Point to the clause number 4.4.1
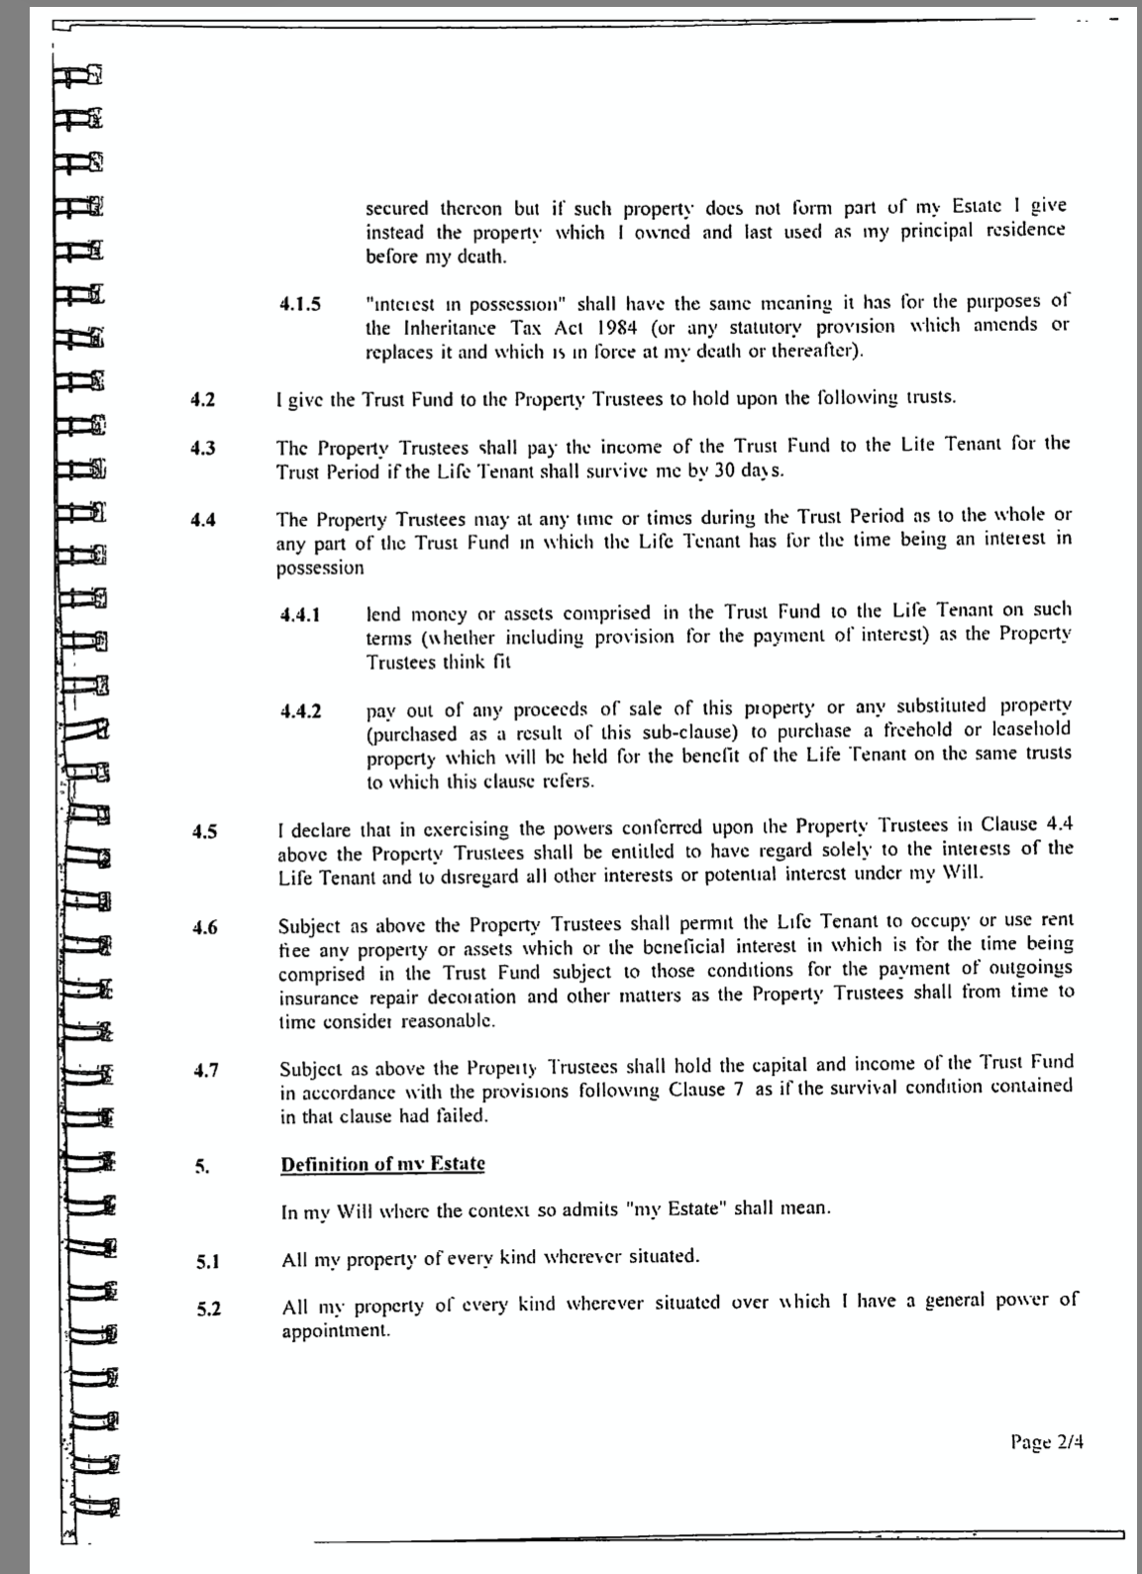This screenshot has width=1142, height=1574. pos(300,615)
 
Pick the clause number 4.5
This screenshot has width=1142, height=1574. pos(204,831)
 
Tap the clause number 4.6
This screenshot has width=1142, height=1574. pos(205,928)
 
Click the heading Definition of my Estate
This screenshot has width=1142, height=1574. pos(382,1163)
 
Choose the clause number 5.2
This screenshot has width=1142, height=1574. pos(207,1309)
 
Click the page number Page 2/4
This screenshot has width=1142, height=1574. pos(1047,1441)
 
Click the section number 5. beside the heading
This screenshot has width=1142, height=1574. pos(202,1167)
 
